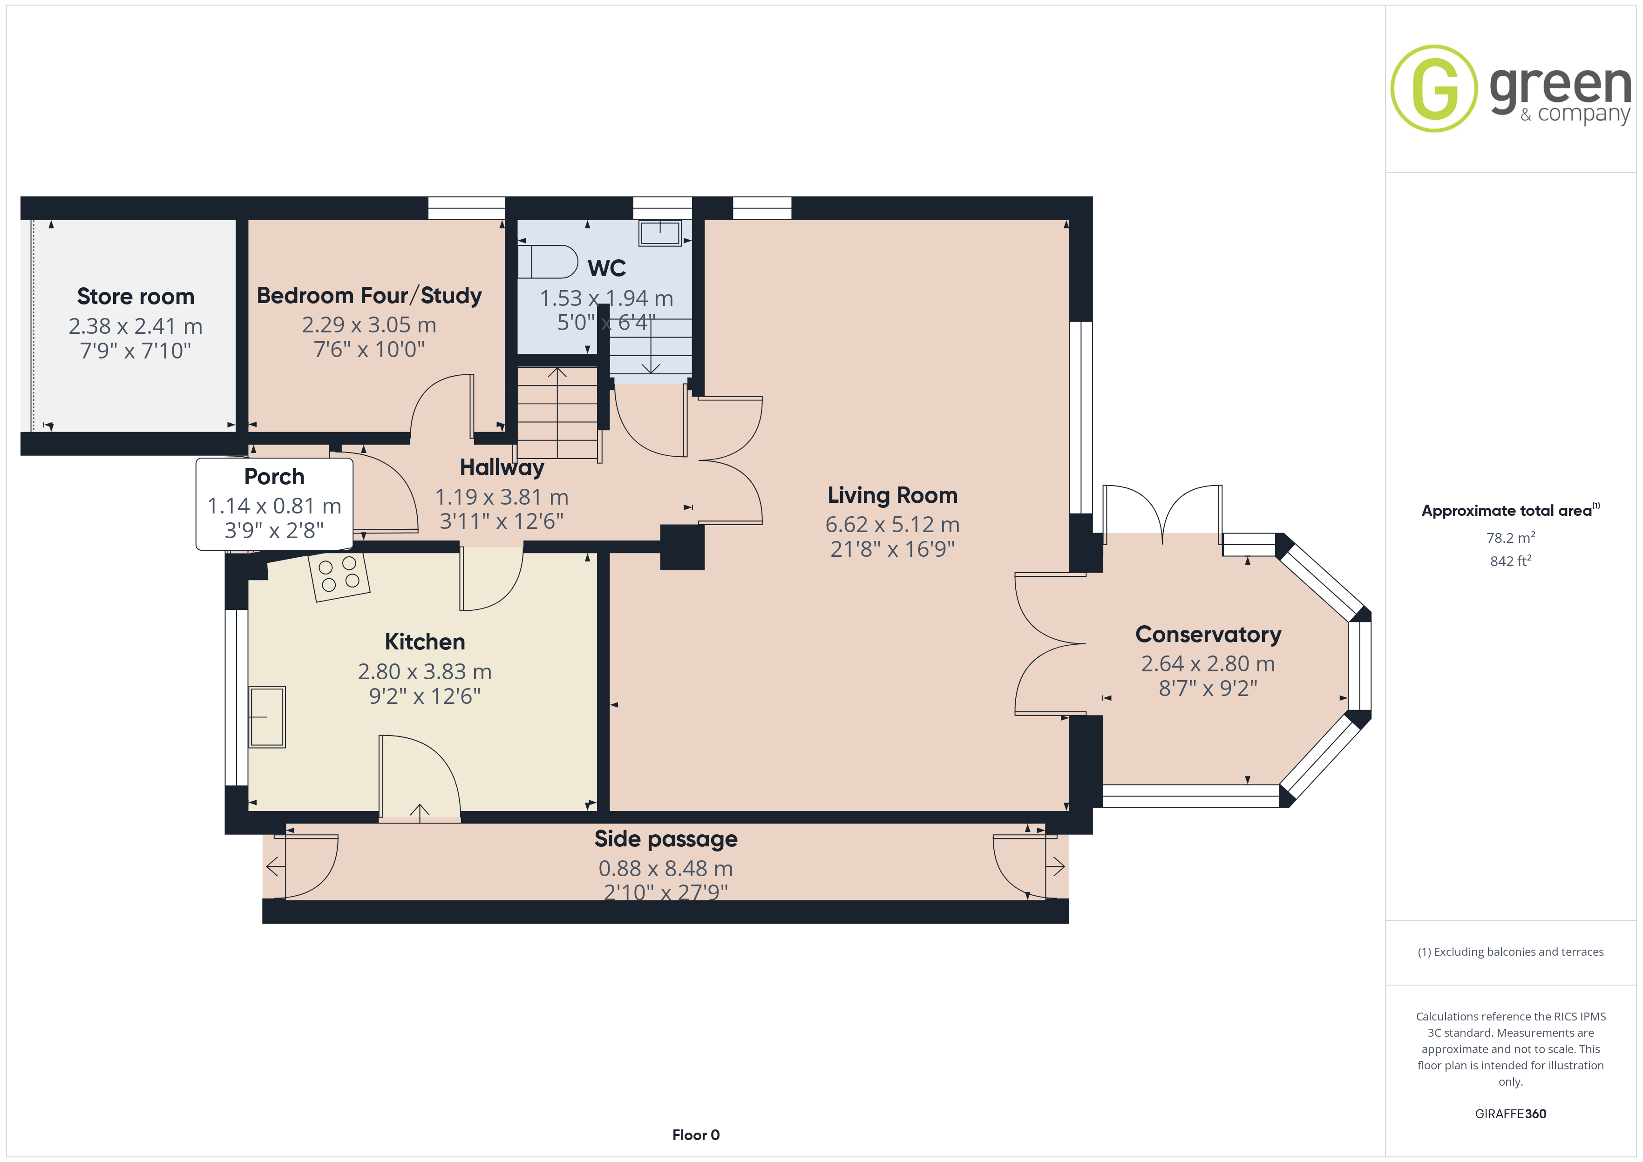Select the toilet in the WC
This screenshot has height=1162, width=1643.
pyautogui.click(x=547, y=262)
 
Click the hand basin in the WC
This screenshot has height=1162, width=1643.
pyautogui.click(x=660, y=233)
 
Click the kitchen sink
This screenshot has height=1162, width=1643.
pyautogui.click(x=267, y=717)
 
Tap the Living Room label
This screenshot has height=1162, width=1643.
pyautogui.click(x=892, y=495)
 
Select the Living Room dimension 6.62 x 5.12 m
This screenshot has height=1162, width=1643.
pyautogui.click(x=892, y=525)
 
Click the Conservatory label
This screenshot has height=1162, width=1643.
pyautogui.click(x=1208, y=635)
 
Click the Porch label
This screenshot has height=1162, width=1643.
pyautogui.click(x=274, y=477)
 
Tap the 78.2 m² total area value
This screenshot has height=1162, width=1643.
pyautogui.click(x=1511, y=537)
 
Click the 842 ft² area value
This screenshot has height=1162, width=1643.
pyautogui.click(x=1511, y=561)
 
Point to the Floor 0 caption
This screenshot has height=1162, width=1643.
pyautogui.click(x=696, y=1135)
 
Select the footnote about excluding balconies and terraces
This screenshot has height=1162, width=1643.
pyautogui.click(x=1511, y=952)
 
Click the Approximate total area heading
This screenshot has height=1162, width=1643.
pyautogui.click(x=1510, y=510)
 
